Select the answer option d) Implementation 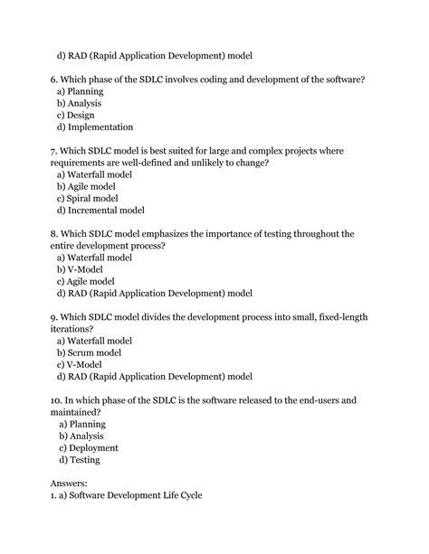[95, 127]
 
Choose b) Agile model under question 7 [93, 186]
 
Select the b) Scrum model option [94, 352]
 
